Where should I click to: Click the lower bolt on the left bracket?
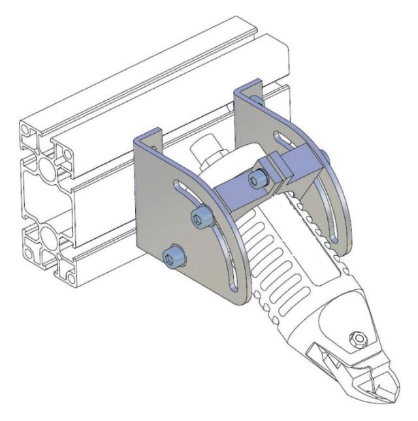[x=172, y=257]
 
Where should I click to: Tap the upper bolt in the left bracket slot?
[x=202, y=217]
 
